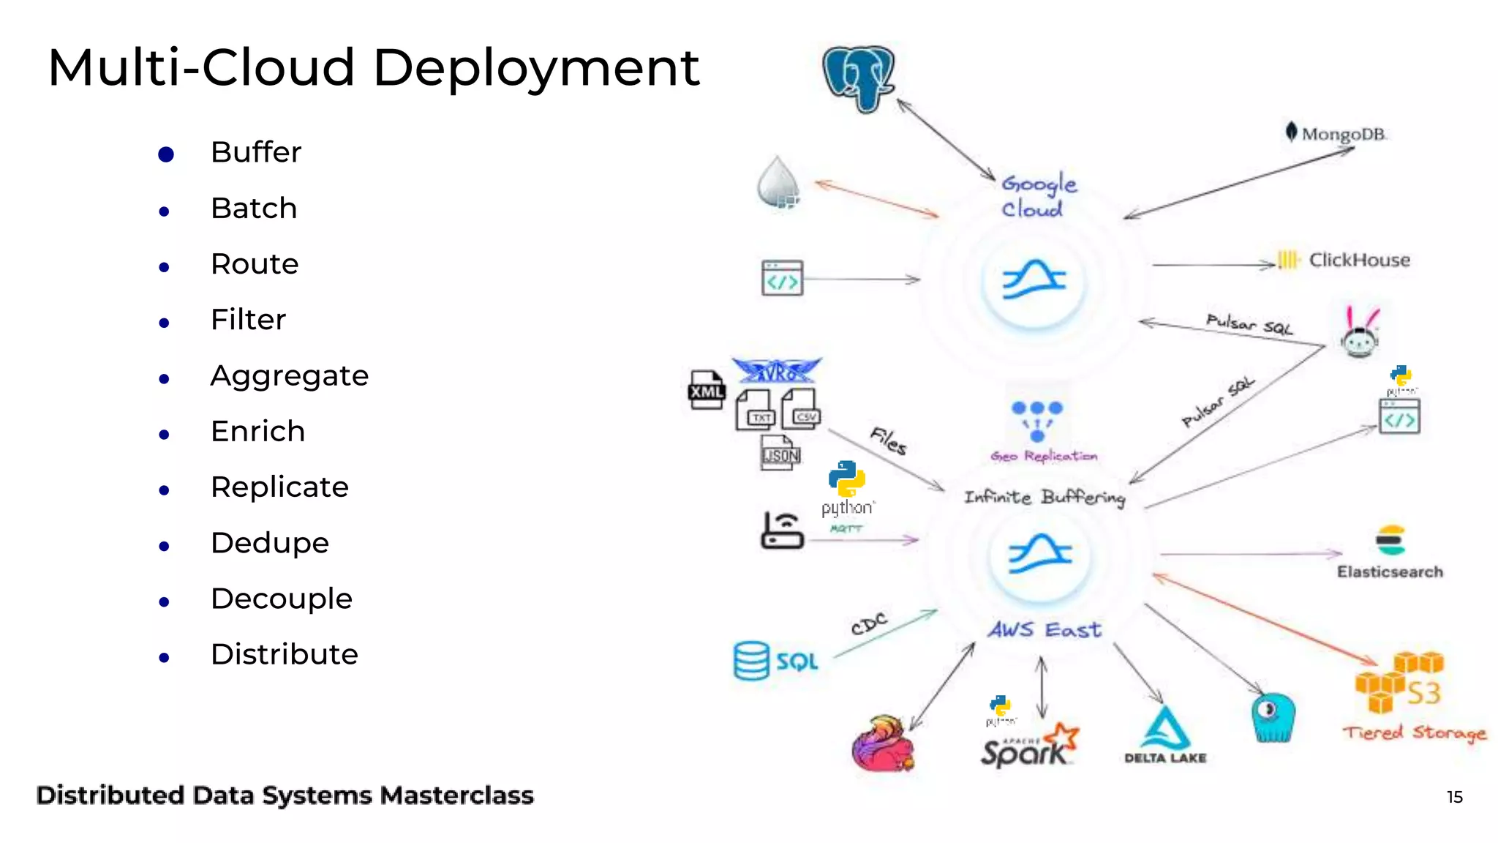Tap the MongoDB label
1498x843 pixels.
1343,135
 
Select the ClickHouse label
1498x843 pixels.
1358,260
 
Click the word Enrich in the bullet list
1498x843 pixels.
257,431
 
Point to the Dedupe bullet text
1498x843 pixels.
270,543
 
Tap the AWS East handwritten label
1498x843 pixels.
1045,629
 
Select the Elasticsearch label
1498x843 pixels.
1390,572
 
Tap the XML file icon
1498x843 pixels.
706,389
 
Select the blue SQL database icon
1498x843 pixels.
752,661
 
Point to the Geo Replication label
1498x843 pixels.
1044,456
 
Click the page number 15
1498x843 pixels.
1454,797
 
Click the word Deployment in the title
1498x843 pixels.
535,68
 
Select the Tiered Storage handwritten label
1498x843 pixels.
1414,733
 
